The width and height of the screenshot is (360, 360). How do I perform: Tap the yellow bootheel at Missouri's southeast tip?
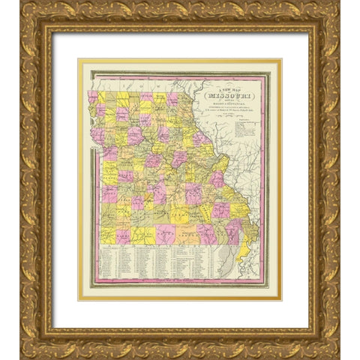coord(241,259)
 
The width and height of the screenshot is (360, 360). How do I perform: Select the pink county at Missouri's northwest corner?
coord(94,97)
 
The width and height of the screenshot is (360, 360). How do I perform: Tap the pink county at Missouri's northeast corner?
coord(172,98)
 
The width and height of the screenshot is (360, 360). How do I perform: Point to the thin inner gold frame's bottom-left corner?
coord(79,299)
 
